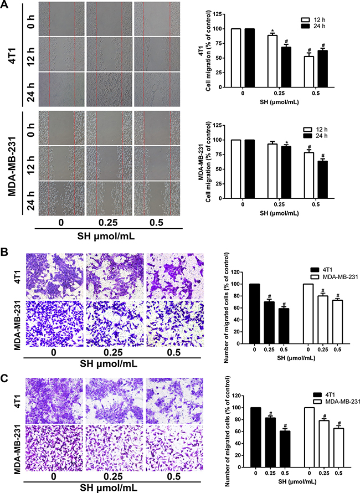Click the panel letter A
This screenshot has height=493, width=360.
pos(5,6)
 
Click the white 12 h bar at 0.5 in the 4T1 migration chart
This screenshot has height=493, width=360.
pos(308,71)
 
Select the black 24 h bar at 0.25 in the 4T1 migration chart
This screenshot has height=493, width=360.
pos(286,67)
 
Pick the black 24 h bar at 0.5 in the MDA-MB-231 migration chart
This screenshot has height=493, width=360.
pos(322,179)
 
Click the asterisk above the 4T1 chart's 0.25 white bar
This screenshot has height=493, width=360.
pos(272,32)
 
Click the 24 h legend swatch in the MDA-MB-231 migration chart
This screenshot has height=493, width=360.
pos(308,136)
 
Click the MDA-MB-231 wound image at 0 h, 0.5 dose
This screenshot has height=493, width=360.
pos(157,127)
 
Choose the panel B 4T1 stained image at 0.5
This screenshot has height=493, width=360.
pos(175,276)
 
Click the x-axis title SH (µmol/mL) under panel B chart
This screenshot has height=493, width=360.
pos(296,358)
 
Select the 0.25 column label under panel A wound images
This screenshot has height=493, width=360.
pos(108,223)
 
